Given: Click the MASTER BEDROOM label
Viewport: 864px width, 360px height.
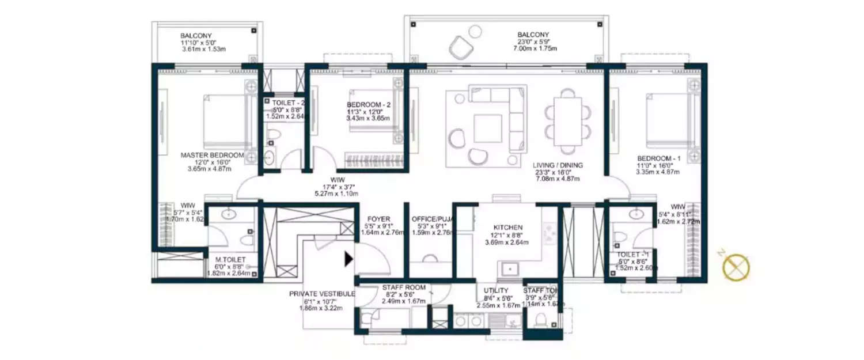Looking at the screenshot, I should (212, 155).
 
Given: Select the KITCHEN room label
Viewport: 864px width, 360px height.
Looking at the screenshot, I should (508, 228).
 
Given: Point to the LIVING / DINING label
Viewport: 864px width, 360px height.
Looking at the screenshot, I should (557, 165).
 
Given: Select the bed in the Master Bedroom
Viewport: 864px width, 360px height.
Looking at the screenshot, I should (225, 122).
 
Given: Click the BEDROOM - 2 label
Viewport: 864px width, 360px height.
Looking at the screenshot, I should (368, 104).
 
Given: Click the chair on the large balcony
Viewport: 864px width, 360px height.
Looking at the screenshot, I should (461, 47).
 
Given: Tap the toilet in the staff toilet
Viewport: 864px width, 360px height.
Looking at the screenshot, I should (541, 319).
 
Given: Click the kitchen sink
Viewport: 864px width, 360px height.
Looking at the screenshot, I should (509, 269).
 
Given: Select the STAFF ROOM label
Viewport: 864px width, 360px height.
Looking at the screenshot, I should (404, 287).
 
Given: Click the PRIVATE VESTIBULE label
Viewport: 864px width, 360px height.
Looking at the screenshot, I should (321, 294).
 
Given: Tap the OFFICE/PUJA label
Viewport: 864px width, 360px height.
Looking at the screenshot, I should (430, 219).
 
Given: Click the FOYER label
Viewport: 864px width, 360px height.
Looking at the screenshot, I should (378, 219).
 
